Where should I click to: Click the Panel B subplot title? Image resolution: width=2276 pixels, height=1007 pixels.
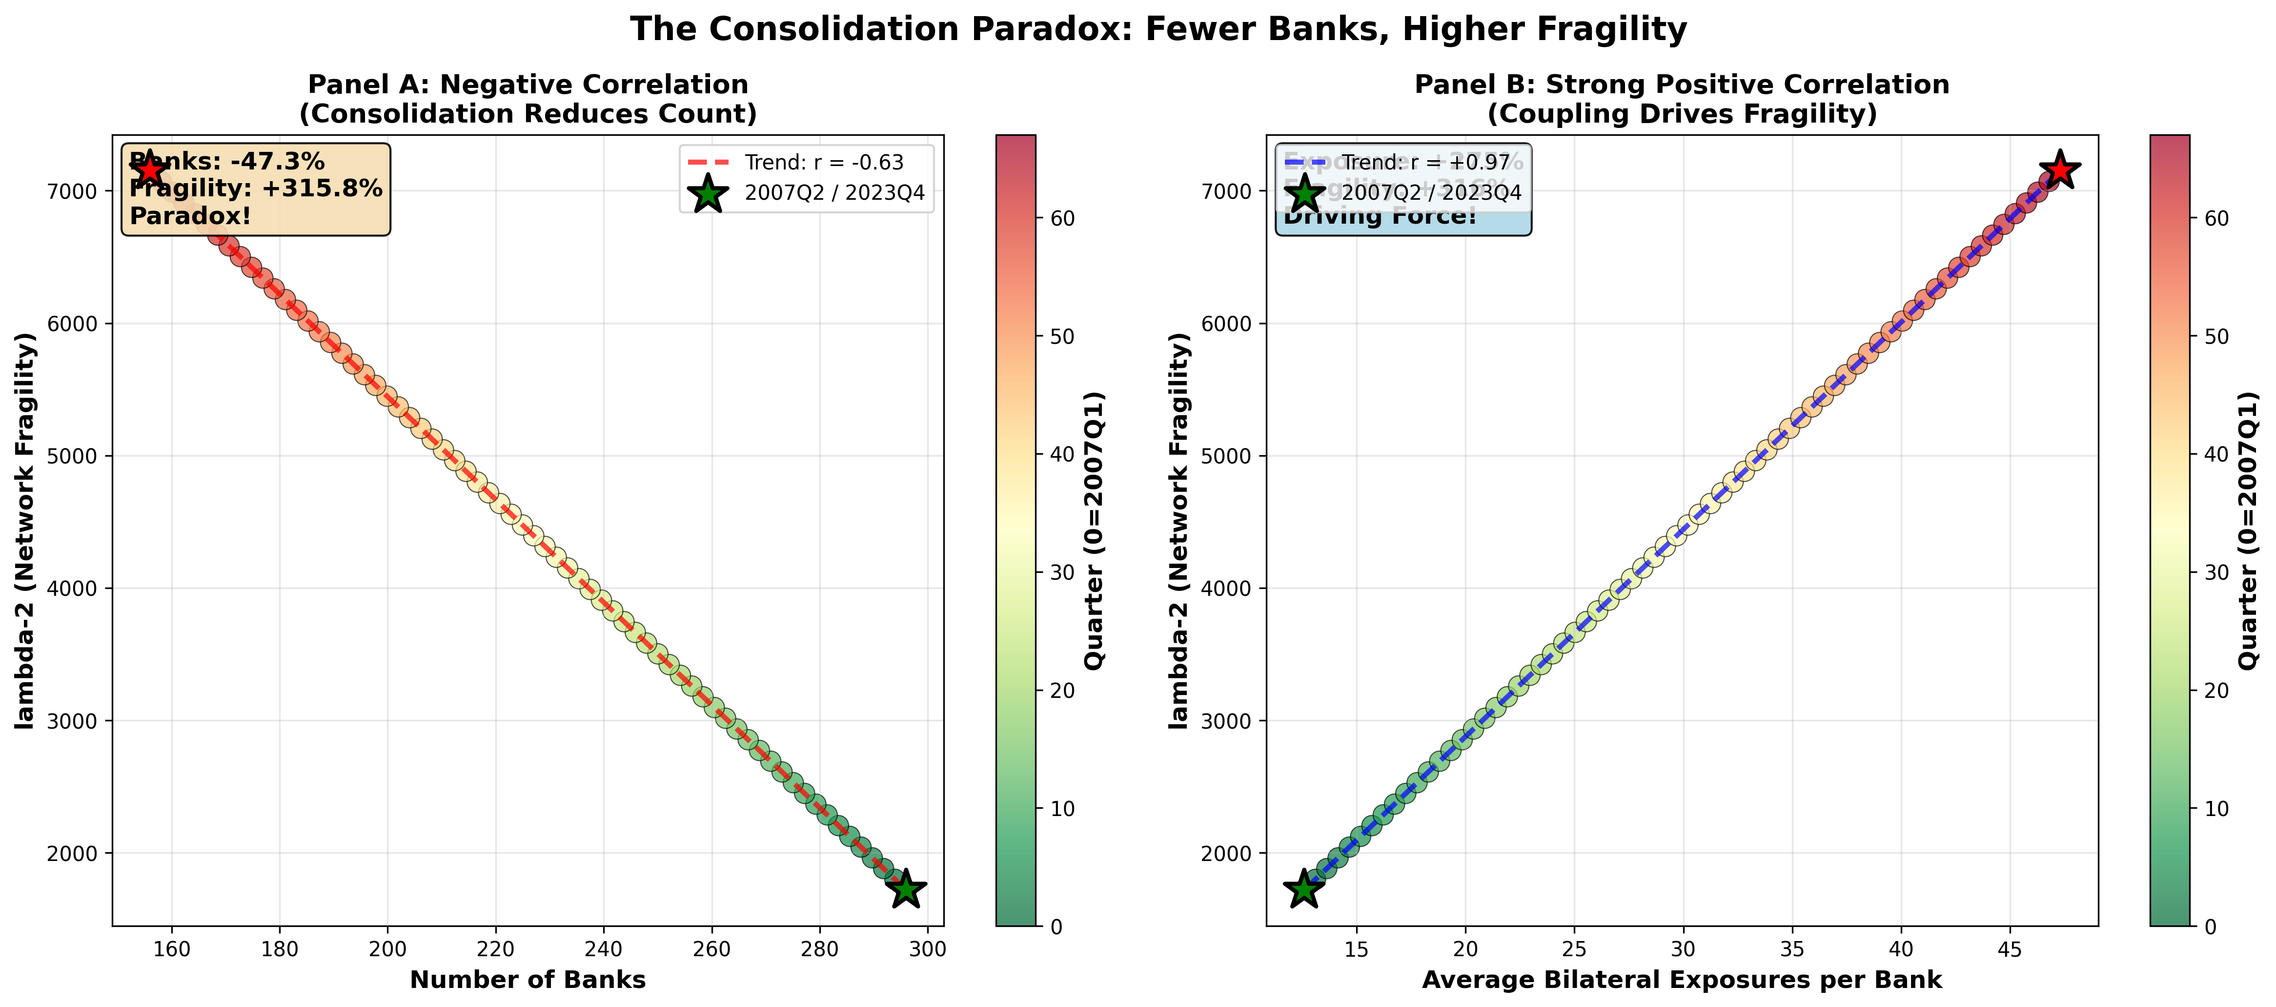click(1681, 99)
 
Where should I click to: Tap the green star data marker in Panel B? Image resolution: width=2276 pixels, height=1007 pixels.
click(1304, 889)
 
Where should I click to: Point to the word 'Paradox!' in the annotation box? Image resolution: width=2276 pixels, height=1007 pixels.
click(190, 216)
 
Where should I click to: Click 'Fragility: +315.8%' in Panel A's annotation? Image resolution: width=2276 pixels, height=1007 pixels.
click(256, 189)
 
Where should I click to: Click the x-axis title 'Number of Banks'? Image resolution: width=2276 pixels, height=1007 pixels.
click(528, 980)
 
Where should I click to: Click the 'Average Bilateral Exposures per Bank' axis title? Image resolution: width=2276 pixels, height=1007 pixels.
click(1681, 980)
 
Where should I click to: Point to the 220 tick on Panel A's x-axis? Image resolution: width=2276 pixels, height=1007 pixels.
click(496, 949)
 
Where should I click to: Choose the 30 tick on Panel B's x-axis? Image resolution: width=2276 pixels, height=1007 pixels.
click(1683, 949)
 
